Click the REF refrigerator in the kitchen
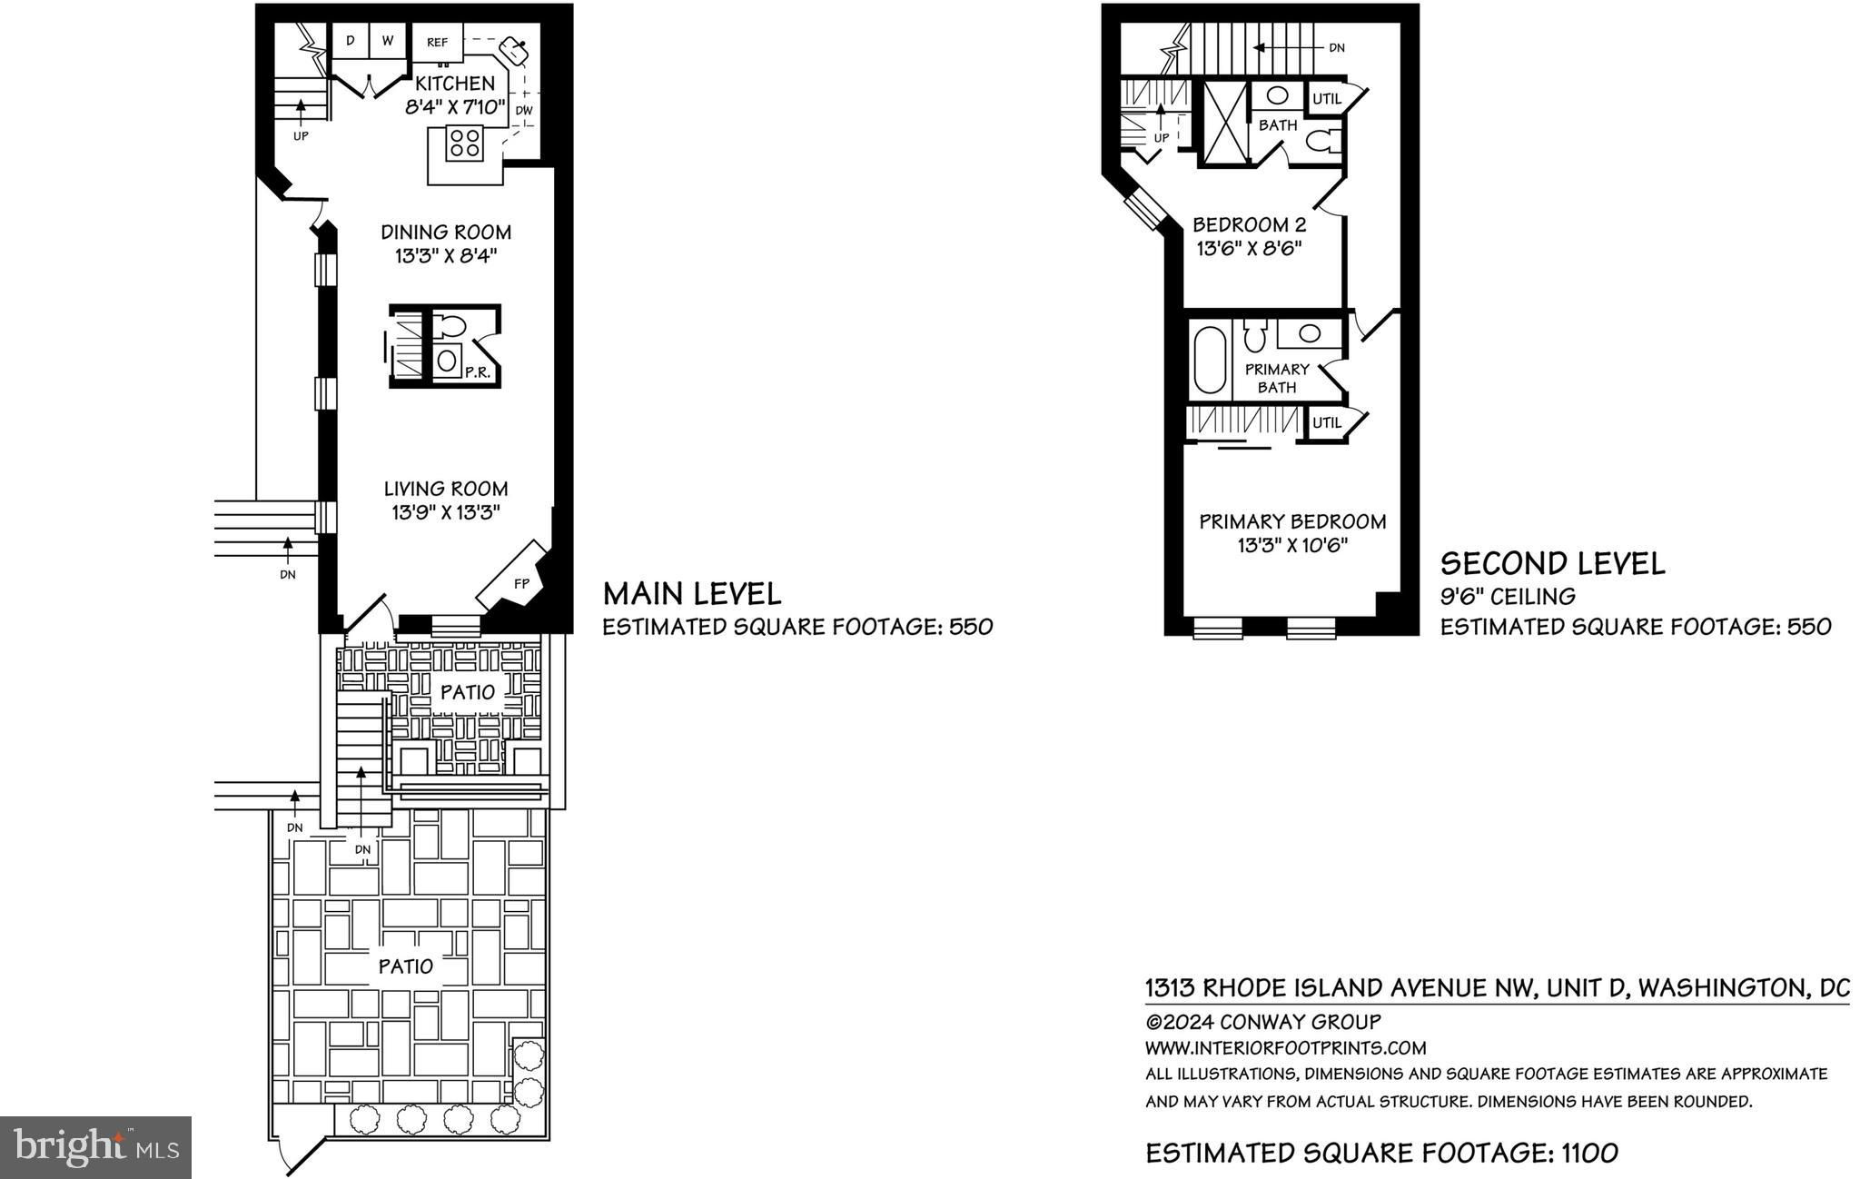coord(438,43)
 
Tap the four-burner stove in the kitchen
coord(465,144)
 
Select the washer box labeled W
coord(388,42)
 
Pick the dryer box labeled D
coord(351,42)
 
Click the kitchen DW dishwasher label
coord(524,111)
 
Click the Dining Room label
coord(446,232)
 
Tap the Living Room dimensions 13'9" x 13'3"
coord(446,512)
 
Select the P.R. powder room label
coord(473,372)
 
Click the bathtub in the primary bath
coord(1209,360)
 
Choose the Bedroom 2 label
coord(1242,224)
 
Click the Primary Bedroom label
coord(1292,521)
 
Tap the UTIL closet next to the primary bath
coord(1327,422)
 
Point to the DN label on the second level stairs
coord(1337,47)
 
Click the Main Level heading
coord(692,594)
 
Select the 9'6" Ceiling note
coord(1508,597)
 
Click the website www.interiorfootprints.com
coord(1285,1047)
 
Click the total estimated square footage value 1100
coord(1589,1154)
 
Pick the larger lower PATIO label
coord(406,966)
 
